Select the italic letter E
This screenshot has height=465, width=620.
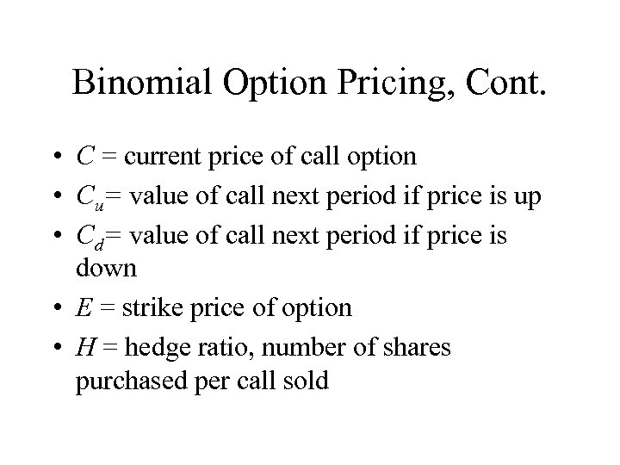(84, 307)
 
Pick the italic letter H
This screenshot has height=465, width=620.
(85, 346)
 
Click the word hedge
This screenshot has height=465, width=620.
(161, 346)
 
